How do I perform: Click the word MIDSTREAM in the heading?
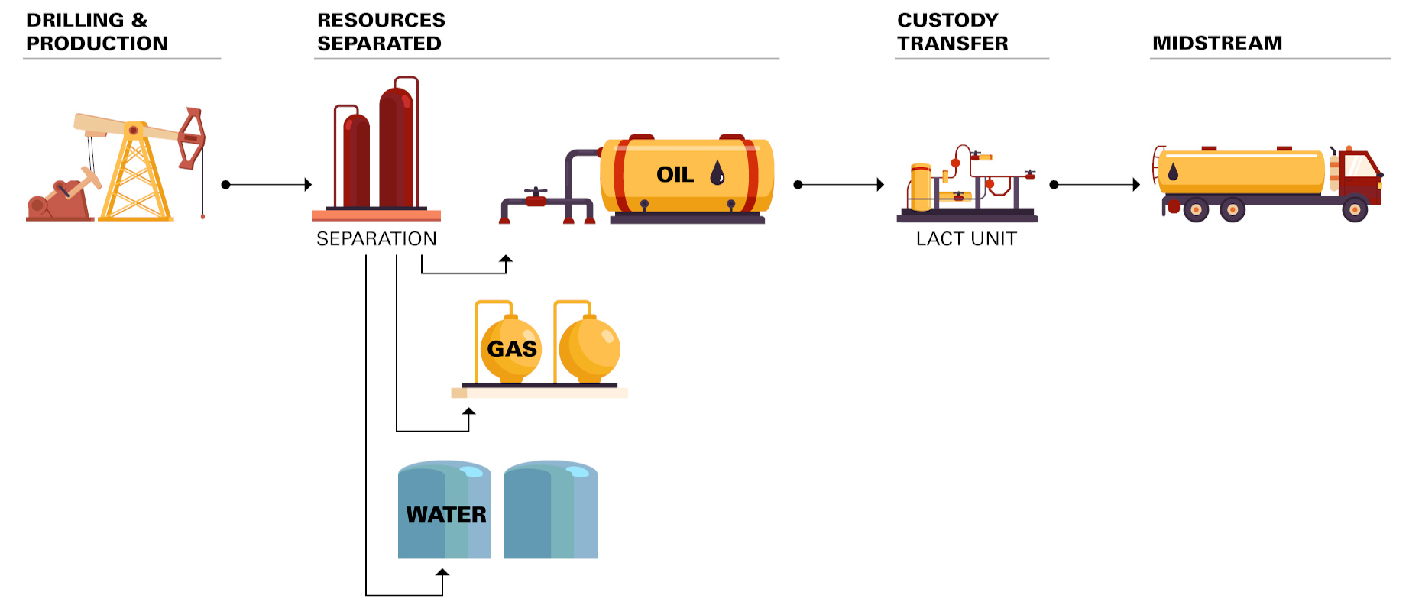tap(1216, 43)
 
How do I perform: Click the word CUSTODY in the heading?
tap(947, 20)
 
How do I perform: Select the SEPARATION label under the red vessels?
tap(376, 239)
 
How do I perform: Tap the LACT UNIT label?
tap(966, 239)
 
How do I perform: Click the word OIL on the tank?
tap(675, 175)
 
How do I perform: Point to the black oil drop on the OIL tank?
tap(717, 173)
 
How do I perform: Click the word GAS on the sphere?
tap(511, 349)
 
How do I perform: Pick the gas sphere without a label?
tap(589, 349)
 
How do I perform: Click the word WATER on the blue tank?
tap(445, 514)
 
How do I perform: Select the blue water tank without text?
tap(550, 510)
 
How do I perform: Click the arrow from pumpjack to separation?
tap(267, 184)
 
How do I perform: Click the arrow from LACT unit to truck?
tap(1096, 184)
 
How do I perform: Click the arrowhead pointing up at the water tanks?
tap(442, 572)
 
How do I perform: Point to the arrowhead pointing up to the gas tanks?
tap(469, 412)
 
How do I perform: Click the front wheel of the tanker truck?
tap(1354, 209)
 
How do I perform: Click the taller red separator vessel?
tap(397, 149)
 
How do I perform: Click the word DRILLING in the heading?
tap(74, 20)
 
